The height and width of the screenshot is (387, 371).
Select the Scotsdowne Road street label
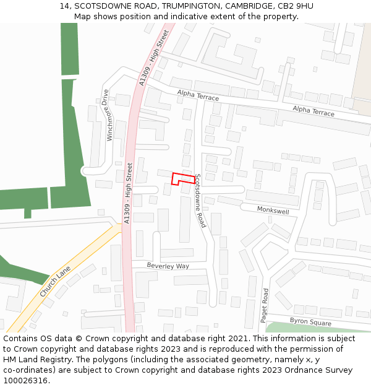click(200, 201)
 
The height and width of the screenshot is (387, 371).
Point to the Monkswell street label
click(273, 211)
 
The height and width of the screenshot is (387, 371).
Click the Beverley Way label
click(168, 266)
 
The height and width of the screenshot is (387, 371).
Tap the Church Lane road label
click(56, 281)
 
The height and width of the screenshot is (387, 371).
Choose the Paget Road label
click(265, 305)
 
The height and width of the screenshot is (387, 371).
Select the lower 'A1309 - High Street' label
click(128, 193)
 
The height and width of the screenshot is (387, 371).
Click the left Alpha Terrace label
click(198, 95)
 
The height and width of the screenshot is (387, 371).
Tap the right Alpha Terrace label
click(313, 111)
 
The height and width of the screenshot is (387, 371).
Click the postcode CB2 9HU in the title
click(294, 6)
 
